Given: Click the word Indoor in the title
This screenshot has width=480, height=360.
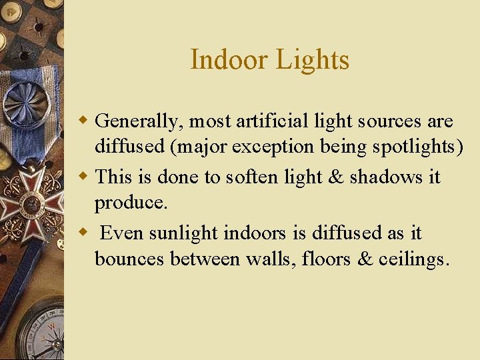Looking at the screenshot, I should click(x=229, y=60).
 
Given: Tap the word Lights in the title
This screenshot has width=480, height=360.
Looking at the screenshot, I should click(x=312, y=60).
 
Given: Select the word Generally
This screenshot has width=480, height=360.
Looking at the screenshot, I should click(x=137, y=122).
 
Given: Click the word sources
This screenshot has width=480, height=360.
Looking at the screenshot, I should click(x=391, y=122).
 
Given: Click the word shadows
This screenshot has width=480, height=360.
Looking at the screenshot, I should click(x=387, y=177).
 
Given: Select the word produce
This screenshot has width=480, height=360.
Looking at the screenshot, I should click(x=131, y=203).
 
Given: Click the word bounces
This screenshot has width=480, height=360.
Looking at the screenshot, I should click(x=129, y=259).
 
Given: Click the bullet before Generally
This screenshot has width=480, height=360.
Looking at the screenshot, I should click(x=84, y=121).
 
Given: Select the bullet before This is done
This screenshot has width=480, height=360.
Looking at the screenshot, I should click(x=84, y=177).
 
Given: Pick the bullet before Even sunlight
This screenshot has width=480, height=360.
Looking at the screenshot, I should click(x=84, y=233).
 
